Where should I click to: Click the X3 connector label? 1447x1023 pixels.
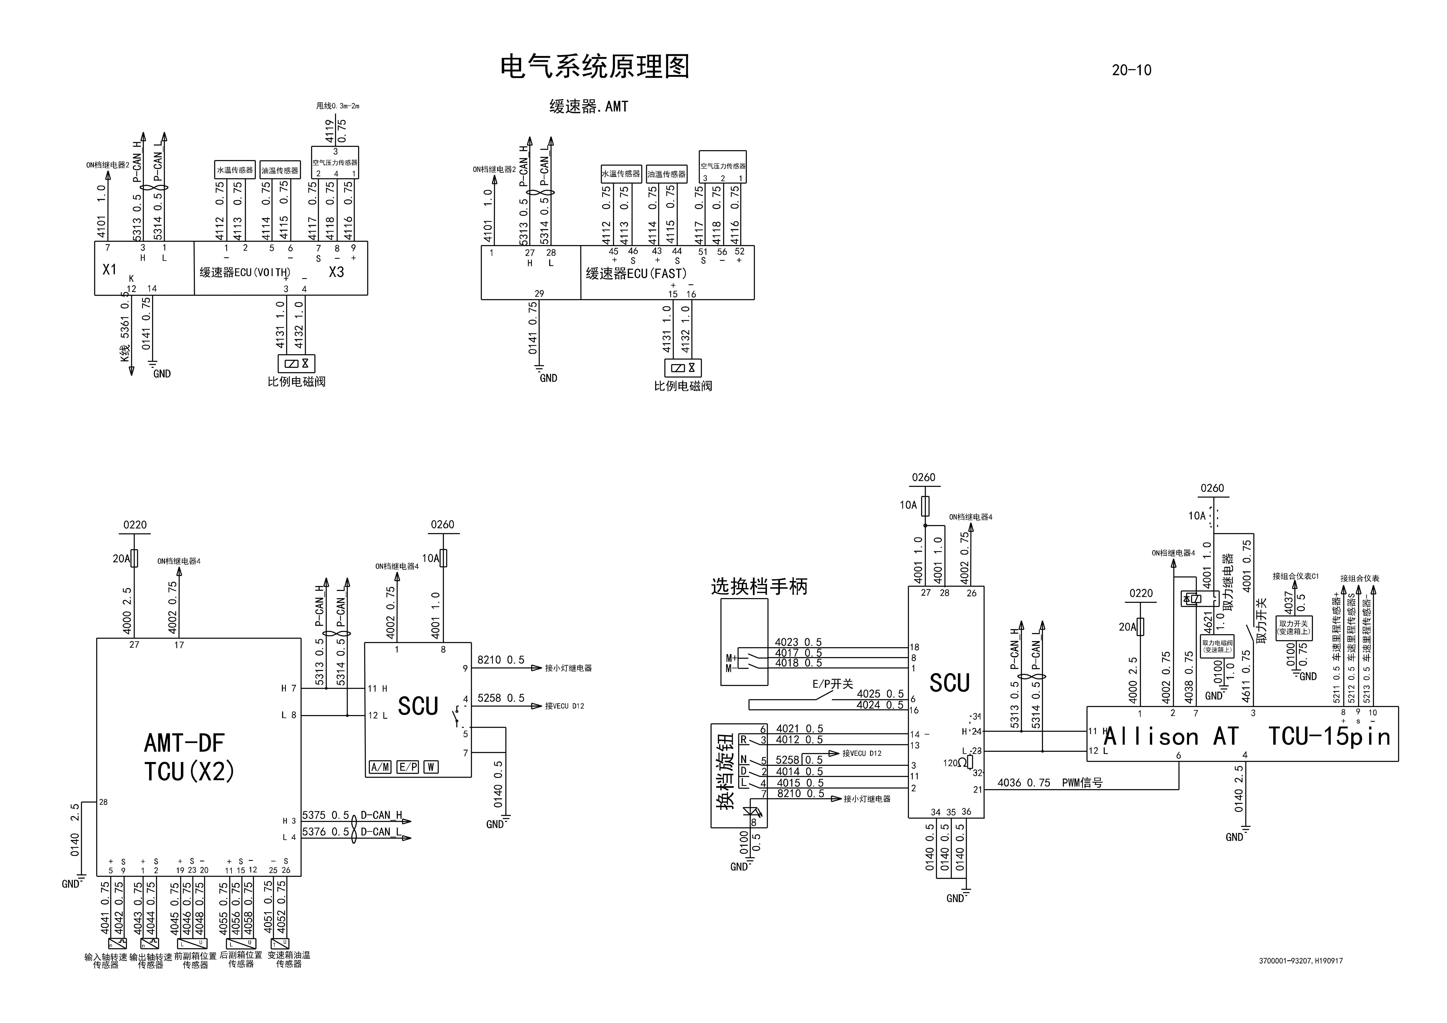[337, 272]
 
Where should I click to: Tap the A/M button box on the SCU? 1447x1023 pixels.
[380, 767]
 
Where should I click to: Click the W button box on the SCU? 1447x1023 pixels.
[431, 767]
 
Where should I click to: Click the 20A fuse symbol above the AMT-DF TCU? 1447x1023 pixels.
[134, 558]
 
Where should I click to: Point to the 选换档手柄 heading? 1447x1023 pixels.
[759, 587]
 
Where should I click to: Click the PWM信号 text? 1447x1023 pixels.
[1082, 783]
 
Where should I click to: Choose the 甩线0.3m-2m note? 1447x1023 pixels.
[338, 106]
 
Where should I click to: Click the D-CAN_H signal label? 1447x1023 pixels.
[381, 815]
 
